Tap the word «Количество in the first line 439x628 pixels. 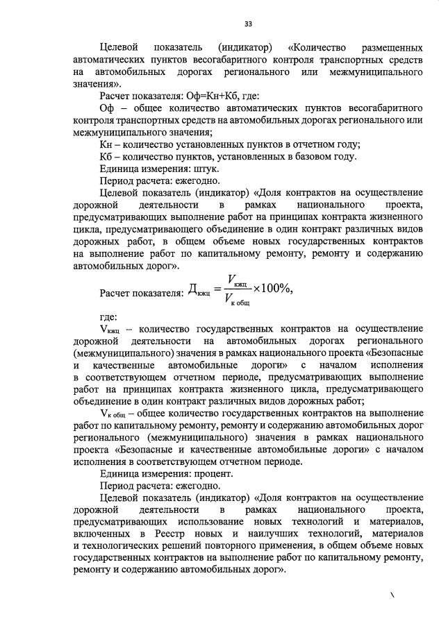coord(317,47)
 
